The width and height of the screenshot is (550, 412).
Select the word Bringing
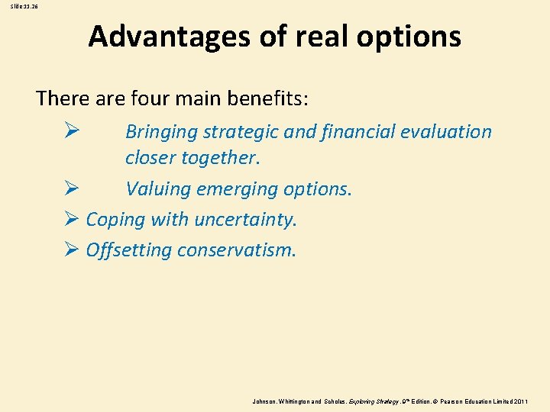point(161,132)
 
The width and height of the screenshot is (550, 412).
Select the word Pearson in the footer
point(454,400)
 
